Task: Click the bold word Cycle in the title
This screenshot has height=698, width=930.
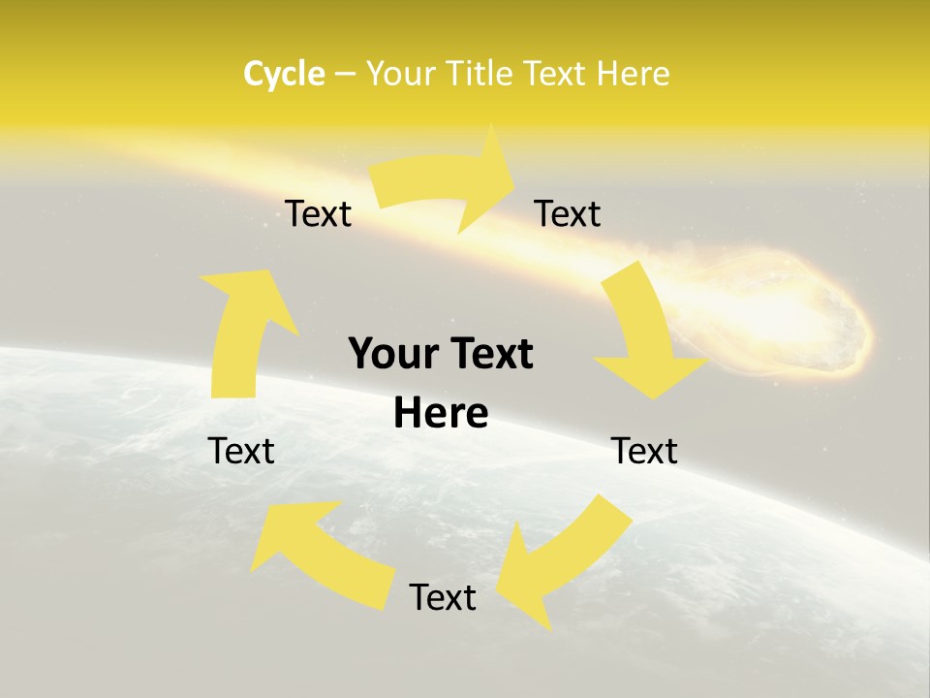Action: tap(284, 74)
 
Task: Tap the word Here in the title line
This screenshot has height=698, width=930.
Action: tap(632, 74)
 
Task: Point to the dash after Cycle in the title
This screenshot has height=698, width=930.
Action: tap(344, 74)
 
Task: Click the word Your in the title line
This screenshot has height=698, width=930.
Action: tap(401, 74)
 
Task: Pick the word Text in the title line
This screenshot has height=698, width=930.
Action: tap(557, 74)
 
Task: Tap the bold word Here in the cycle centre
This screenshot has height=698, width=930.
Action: tap(441, 414)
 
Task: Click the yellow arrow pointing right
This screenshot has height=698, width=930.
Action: tap(446, 180)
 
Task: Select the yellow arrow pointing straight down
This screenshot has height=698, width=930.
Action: tap(644, 334)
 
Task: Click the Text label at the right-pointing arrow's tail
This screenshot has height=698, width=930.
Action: tap(318, 214)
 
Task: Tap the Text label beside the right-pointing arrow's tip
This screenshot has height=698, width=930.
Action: tap(568, 214)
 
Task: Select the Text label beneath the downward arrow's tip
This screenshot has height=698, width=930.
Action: tap(644, 451)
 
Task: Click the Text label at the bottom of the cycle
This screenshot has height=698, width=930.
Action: tap(443, 597)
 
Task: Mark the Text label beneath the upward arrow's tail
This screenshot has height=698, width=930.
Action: tap(241, 451)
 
